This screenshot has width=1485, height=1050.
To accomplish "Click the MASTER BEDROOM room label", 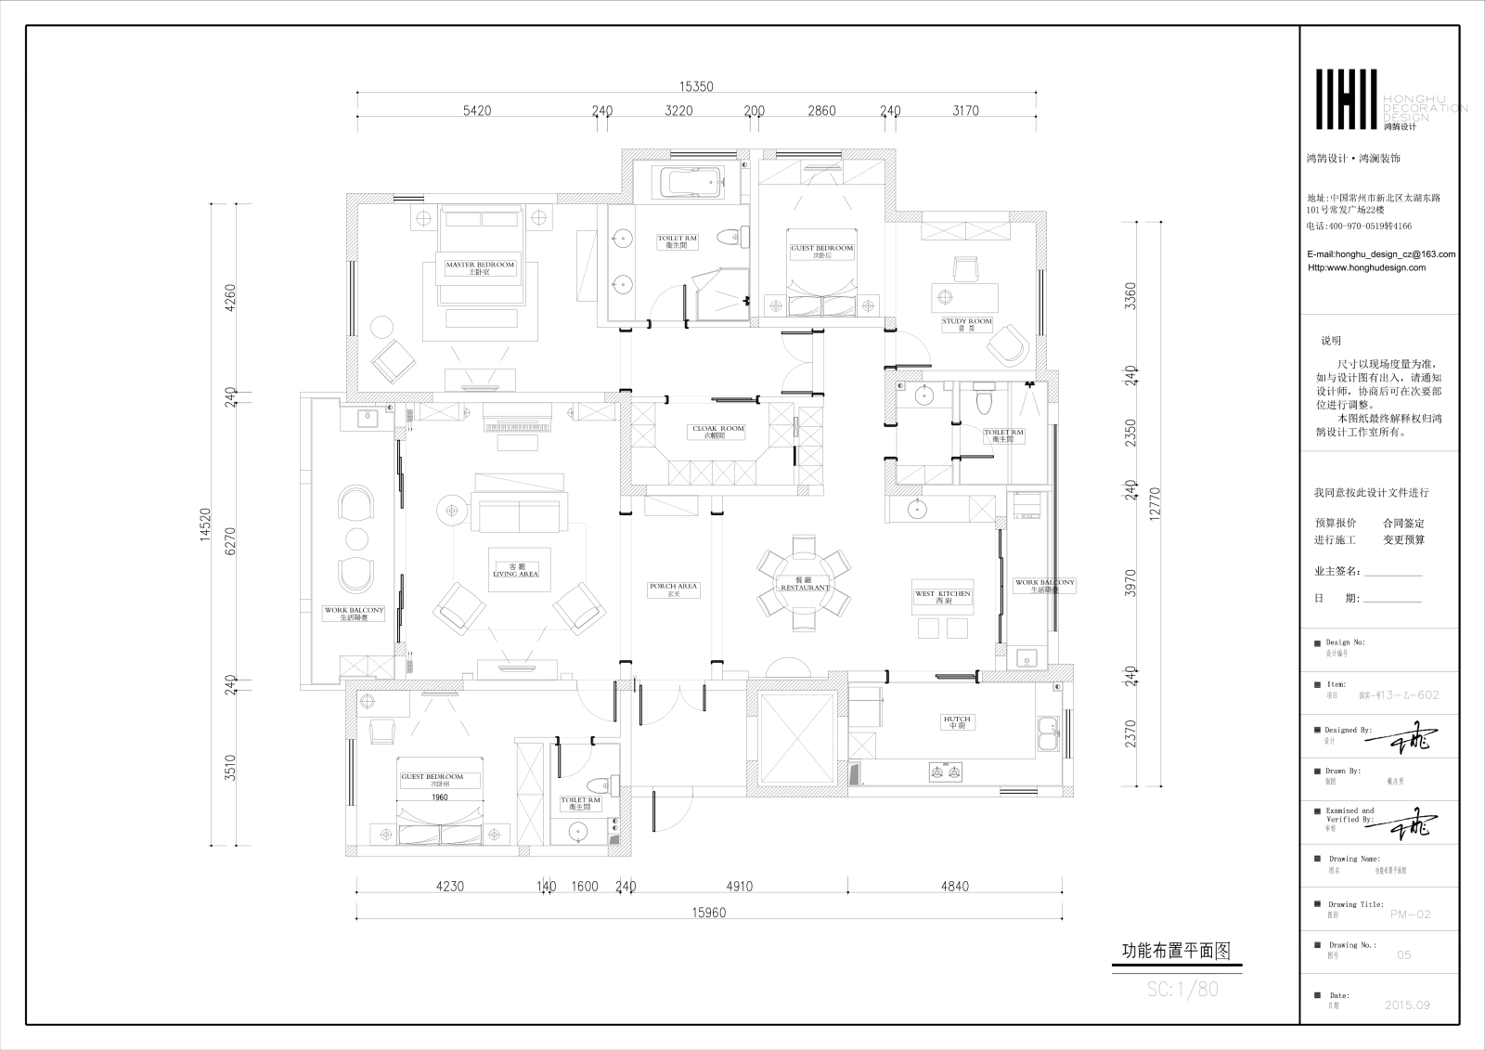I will tap(479, 268).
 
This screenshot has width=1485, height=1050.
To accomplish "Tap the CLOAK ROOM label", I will tap(718, 432).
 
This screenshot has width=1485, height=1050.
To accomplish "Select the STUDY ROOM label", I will tap(967, 324).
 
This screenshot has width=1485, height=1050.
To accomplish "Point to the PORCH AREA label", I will tap(673, 590).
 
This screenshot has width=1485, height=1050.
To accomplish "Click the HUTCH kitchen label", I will tap(957, 722).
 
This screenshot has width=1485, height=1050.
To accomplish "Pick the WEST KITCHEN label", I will tap(942, 597).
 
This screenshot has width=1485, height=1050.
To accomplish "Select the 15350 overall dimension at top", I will tap(695, 86).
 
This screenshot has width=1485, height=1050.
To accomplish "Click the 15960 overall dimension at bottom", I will tap(709, 913).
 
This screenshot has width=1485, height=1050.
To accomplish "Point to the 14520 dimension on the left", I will tap(206, 525).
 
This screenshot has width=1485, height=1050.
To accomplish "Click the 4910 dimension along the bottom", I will tap(739, 886).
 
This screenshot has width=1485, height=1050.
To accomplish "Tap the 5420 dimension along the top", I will tap(476, 110).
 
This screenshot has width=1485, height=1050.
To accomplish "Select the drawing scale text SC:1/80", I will tap(1182, 990).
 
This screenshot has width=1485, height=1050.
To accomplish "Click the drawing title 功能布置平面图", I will tap(1176, 951).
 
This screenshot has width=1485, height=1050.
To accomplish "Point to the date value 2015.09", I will tap(1406, 1005).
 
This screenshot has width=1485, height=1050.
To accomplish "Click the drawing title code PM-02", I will tap(1411, 914).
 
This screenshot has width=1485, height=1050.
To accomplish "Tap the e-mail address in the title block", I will tap(1380, 253).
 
